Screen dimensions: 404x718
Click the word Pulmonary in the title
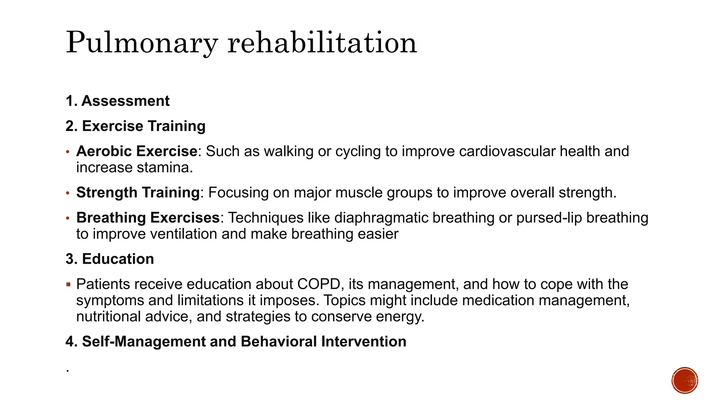tap(142, 43)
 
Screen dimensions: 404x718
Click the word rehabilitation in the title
tap(322, 43)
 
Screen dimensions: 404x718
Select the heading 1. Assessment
tap(117, 101)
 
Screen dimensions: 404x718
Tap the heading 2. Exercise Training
tap(135, 126)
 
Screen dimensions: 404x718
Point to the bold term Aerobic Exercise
tap(137, 151)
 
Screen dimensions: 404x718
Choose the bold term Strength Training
tap(138, 193)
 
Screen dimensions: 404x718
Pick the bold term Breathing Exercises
tap(148, 218)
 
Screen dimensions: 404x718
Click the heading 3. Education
tap(110, 259)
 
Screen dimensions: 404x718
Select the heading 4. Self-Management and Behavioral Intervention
tap(236, 342)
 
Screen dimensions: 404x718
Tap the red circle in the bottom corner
tap(685, 381)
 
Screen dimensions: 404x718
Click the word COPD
tap(319, 284)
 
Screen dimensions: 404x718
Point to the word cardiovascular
tap(507, 151)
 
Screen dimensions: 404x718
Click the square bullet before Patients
tap(68, 284)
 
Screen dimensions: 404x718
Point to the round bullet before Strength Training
tap(68, 193)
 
